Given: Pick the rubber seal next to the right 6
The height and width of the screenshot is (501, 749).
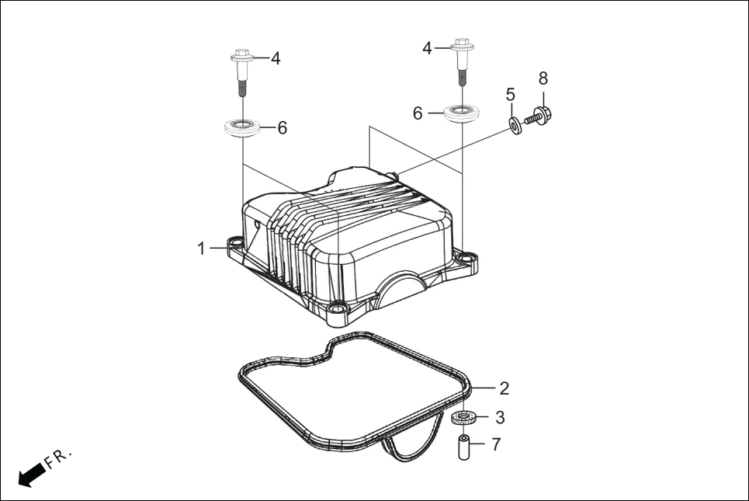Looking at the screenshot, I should pyautogui.click(x=462, y=113).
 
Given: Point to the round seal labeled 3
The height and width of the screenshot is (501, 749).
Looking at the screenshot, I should pyautogui.click(x=463, y=419).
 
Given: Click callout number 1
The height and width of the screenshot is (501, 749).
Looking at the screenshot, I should pyautogui.click(x=201, y=249).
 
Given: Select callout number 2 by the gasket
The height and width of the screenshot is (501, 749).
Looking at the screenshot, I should pyautogui.click(x=504, y=388).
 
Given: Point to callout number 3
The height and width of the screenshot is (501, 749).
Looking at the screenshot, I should pyautogui.click(x=500, y=418).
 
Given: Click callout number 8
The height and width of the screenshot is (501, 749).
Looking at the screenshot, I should pyautogui.click(x=543, y=78).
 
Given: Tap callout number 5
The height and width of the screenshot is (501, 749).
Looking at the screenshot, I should pyautogui.click(x=510, y=95).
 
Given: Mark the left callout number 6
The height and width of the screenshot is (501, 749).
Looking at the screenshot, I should pyautogui.click(x=283, y=127).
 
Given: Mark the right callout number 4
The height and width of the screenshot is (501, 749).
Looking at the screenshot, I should pyautogui.click(x=427, y=48).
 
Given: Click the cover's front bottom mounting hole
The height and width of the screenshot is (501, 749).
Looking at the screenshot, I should pyautogui.click(x=338, y=309).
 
